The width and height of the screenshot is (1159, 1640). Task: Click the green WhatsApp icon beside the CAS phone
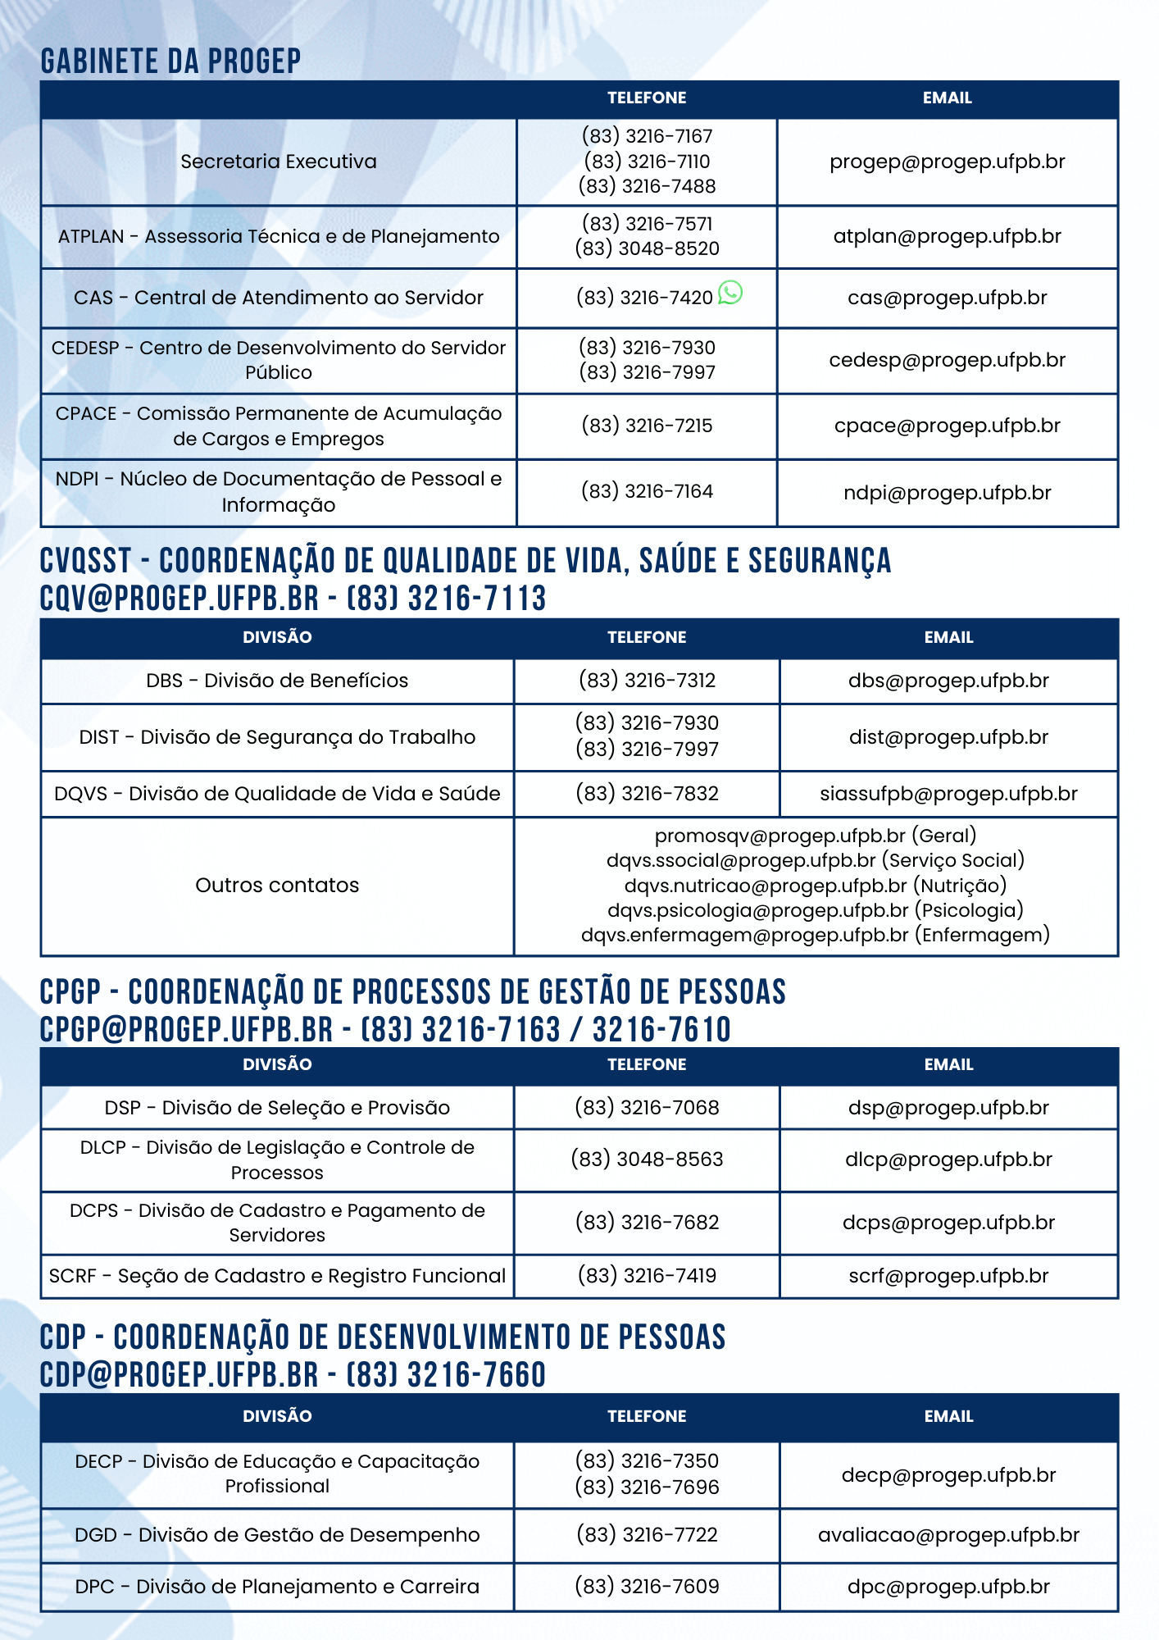point(729,293)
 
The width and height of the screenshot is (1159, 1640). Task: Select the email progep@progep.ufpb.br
point(947,162)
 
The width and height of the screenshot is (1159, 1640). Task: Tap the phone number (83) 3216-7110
point(647,162)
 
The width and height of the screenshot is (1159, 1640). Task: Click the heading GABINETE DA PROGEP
point(170,61)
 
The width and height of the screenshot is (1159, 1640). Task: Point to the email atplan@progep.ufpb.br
point(947,236)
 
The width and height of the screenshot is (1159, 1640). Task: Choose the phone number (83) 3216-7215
point(647,426)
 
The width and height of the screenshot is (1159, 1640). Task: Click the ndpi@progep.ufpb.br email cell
point(947,493)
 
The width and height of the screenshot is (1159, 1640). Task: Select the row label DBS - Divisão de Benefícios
point(277,681)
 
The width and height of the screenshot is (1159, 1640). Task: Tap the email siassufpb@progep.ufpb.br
point(948,794)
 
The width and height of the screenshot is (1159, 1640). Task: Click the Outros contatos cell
point(277,886)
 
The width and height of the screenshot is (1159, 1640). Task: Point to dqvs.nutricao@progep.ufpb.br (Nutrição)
point(815,886)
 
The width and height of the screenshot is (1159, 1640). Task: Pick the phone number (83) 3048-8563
point(647,1159)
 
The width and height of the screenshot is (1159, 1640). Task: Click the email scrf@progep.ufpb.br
point(948,1276)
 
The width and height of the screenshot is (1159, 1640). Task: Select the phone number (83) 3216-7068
point(647,1108)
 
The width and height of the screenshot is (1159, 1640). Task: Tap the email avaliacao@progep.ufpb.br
point(948,1535)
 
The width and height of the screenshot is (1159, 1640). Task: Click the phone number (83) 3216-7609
point(647,1587)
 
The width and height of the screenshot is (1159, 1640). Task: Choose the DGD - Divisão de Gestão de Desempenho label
point(277,1535)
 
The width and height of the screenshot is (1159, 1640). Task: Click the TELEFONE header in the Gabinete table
point(647,98)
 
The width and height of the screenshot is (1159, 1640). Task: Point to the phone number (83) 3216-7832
point(647,794)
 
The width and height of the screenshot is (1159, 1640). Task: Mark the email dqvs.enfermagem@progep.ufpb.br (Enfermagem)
point(815,935)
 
